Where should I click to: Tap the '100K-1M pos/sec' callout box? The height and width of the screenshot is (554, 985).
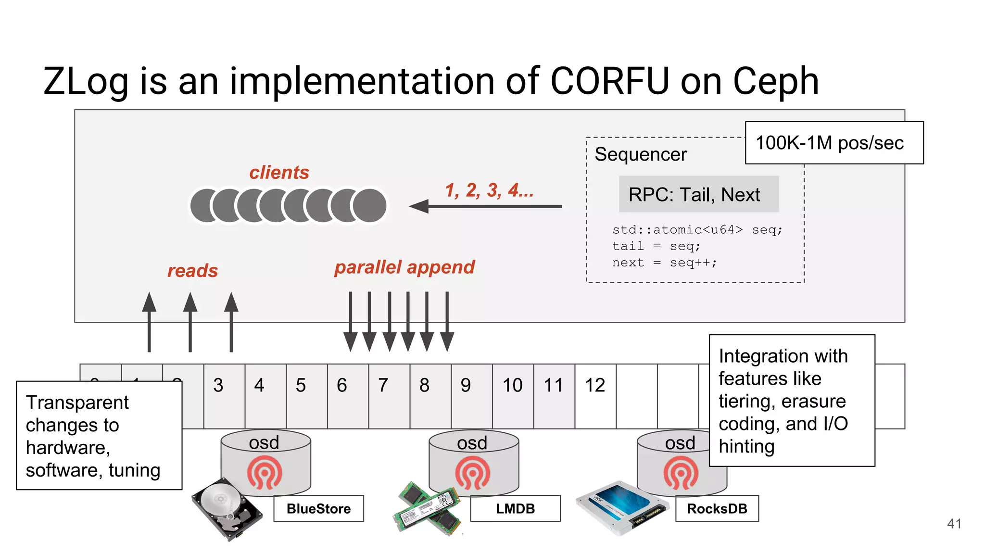tap(833, 143)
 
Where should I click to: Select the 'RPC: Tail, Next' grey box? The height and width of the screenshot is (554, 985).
tap(698, 194)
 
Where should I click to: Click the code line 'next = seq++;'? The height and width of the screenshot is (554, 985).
tap(664, 263)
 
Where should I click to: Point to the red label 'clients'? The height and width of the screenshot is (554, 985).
tap(279, 172)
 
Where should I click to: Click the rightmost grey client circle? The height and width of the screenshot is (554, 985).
tap(369, 205)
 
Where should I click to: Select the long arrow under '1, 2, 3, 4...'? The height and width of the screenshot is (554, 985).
tap(486, 206)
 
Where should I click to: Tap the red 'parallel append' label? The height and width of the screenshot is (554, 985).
tap(404, 267)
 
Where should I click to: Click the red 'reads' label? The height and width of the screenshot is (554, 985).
tap(192, 270)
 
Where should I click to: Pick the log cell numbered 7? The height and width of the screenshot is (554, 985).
tap(389, 395)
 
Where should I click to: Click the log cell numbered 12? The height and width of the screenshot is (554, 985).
tap(595, 395)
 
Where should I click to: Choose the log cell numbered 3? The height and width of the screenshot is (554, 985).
tap(224, 395)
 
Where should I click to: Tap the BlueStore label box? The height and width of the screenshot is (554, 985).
tap(318, 508)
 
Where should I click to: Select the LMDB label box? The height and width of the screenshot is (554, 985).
tap(515, 508)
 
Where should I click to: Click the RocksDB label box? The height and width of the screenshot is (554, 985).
tap(717, 508)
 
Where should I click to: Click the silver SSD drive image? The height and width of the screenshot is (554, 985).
tap(621, 507)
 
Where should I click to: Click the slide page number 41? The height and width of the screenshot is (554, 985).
tap(954, 523)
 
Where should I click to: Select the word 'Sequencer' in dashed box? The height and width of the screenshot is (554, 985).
tap(640, 154)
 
